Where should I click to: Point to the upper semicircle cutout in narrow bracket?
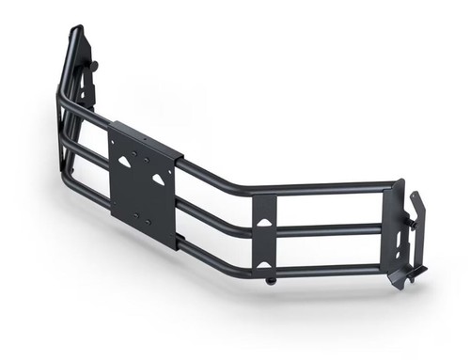(x=266, y=222)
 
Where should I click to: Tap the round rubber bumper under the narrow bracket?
(x=271, y=279)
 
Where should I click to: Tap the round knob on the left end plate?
(x=95, y=65)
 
